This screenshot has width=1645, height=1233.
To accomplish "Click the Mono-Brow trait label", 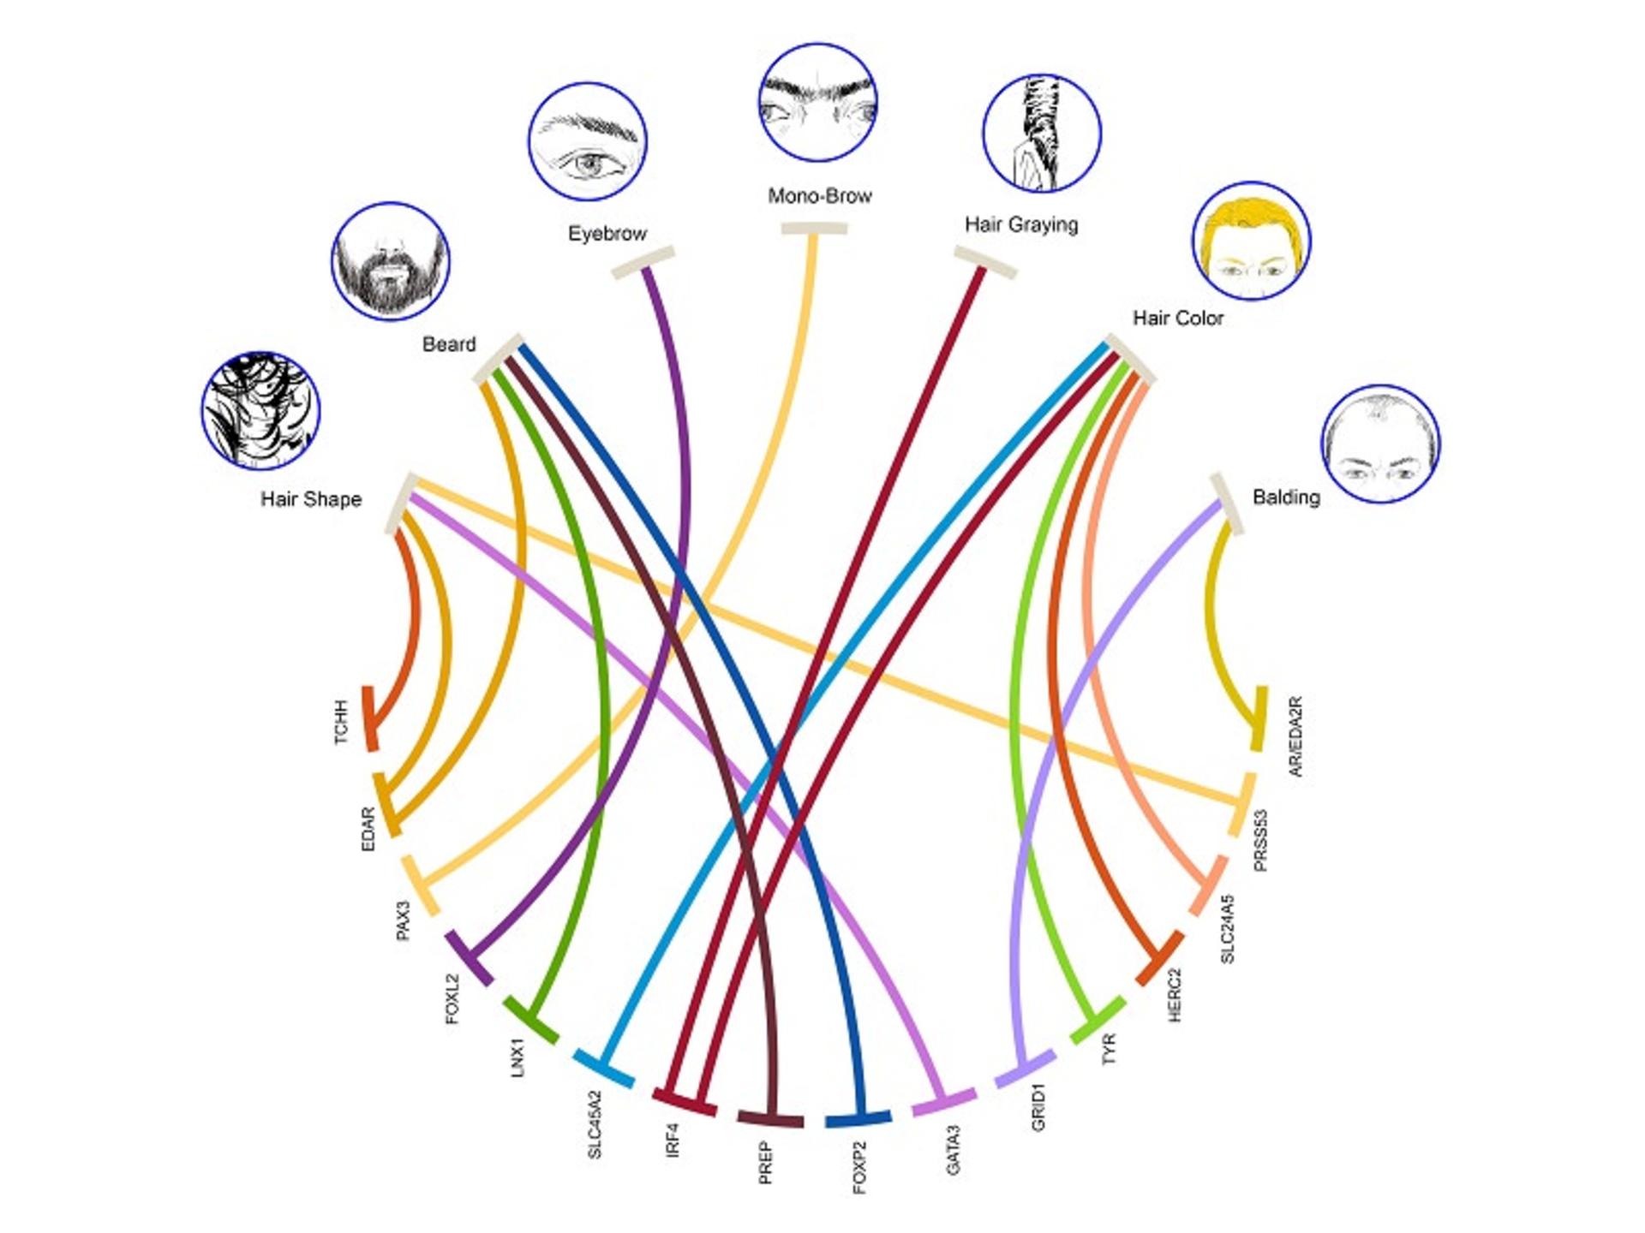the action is (819, 196).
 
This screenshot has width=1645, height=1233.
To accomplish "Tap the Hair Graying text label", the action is (1021, 224).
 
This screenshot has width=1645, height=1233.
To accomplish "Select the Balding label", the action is (1286, 497).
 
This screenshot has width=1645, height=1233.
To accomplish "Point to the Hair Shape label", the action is (311, 499).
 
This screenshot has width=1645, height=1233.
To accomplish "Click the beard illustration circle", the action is (391, 262).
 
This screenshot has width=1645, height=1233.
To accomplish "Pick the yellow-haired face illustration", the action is (1251, 241).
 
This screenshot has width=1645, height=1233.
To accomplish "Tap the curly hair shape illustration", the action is (261, 410).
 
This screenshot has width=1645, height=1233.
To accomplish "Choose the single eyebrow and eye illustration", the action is (588, 142).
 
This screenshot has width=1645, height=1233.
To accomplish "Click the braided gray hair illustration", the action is (1041, 133).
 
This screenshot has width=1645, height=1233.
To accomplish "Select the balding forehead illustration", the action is (1380, 444).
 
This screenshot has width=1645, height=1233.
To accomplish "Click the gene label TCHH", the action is (342, 723).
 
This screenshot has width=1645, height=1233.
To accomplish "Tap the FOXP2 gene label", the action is (860, 1167).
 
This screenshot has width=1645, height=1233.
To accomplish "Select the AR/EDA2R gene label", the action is (1295, 736).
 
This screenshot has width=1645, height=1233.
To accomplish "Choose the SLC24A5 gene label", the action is (1227, 929).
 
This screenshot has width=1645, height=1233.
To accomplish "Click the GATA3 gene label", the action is (953, 1150).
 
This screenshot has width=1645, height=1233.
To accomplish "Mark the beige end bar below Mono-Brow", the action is (814, 229).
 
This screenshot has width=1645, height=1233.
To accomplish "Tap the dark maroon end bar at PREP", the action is (770, 1118).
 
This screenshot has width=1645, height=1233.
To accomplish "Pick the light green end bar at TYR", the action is (1098, 1020).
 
